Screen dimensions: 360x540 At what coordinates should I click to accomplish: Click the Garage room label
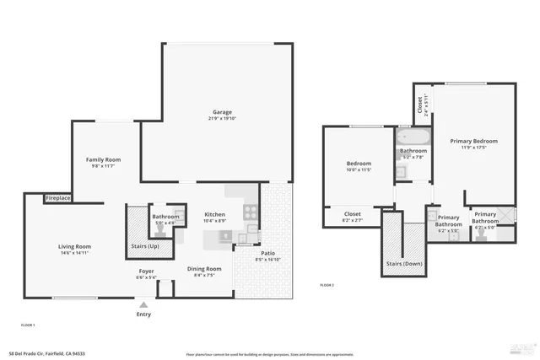coord(222,112)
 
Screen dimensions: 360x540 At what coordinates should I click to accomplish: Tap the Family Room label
coord(104,159)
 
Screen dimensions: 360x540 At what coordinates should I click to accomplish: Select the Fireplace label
coord(57,198)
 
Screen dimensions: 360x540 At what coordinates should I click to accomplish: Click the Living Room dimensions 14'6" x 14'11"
coord(74,253)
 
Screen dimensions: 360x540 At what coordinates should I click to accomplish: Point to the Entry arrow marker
coord(143,304)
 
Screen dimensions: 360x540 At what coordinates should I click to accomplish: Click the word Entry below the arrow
coord(144,314)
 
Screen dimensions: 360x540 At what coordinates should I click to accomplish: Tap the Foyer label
coord(146,271)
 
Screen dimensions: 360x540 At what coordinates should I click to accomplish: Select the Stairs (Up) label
coord(145,246)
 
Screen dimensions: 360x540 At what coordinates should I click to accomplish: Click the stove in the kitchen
coord(250,211)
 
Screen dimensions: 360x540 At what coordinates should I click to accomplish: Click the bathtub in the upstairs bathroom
coord(413,137)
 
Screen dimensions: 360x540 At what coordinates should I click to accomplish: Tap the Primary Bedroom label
coord(473,141)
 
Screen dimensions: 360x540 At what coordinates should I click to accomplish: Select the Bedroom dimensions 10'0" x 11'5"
coord(359,170)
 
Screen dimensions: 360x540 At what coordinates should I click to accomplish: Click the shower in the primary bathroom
coord(505,214)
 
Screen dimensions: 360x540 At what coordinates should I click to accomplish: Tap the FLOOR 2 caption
coord(327,286)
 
